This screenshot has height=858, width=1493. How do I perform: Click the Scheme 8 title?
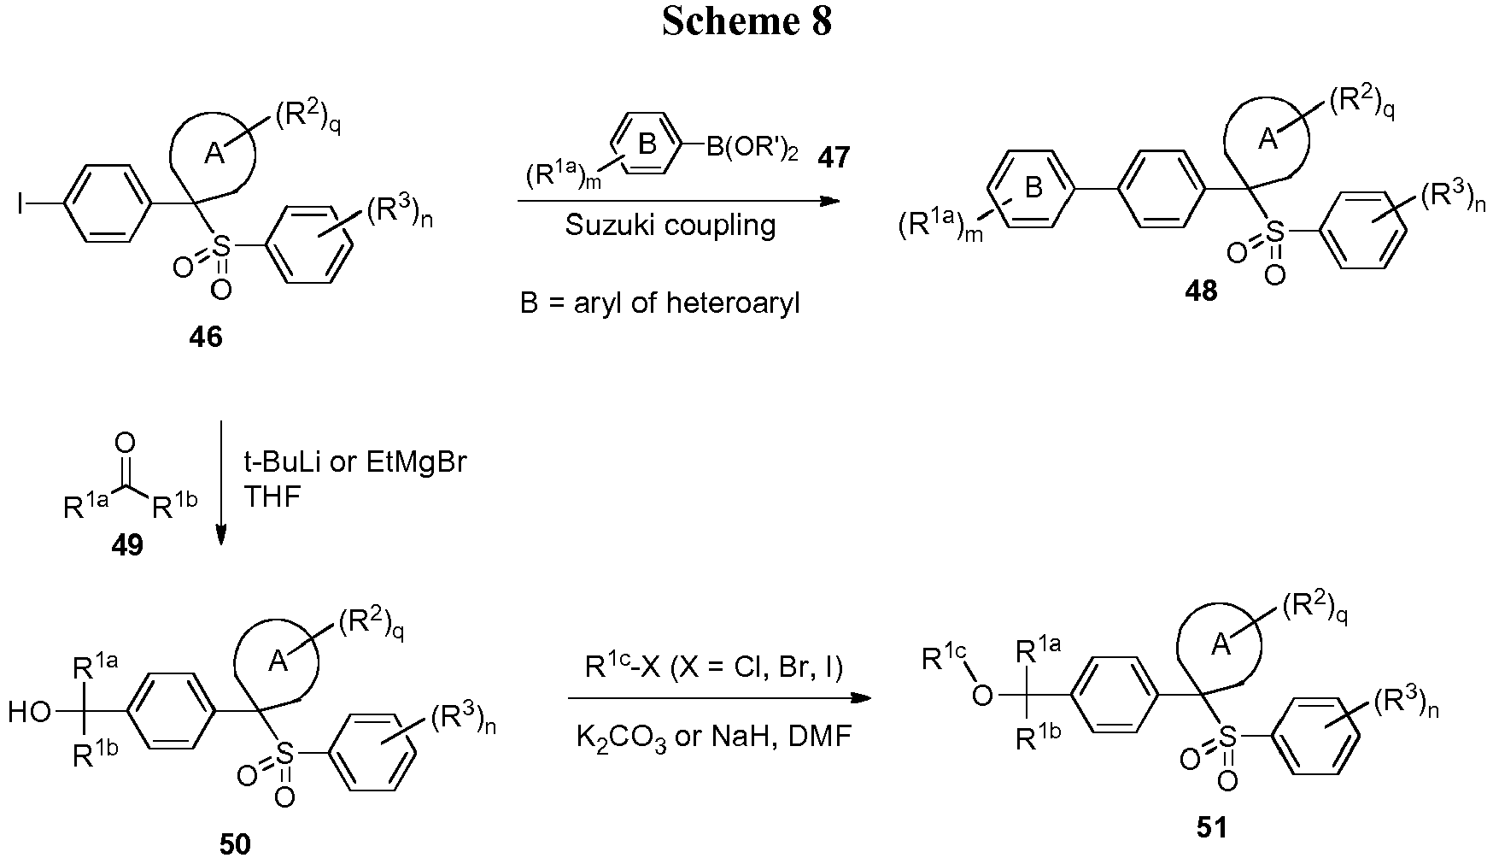point(746,21)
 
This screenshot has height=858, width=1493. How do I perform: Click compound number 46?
point(206,336)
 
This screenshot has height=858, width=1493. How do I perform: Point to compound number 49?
point(127,544)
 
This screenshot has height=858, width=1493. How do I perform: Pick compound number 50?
point(235,843)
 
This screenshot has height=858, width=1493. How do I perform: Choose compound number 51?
point(1212,826)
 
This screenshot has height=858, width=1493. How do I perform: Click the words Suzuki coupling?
point(670,226)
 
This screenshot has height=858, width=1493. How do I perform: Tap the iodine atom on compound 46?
point(20,204)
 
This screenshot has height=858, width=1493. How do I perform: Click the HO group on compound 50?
point(31,711)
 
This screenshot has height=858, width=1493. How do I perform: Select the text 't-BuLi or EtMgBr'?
point(355,463)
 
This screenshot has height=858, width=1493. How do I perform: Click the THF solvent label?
point(272,497)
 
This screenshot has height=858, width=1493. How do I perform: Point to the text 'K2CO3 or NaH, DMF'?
point(714,736)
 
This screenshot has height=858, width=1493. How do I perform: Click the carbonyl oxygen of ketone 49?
point(125,442)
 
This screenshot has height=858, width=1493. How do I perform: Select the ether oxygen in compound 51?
point(983,696)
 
